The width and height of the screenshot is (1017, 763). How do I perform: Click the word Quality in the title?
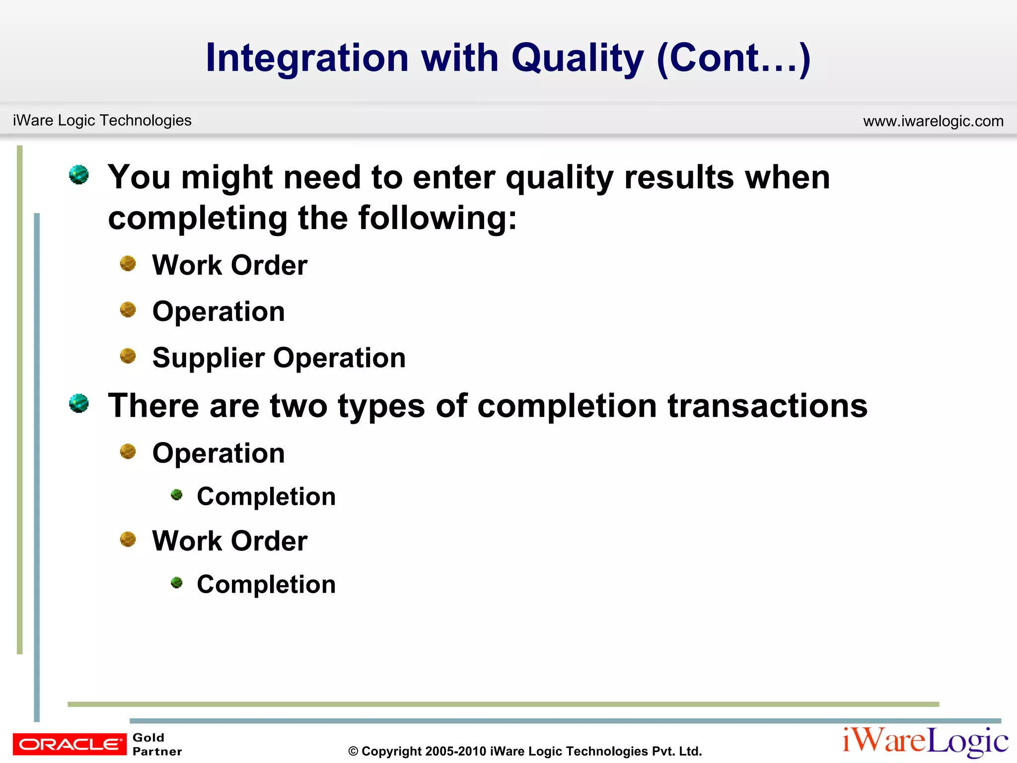pos(577,58)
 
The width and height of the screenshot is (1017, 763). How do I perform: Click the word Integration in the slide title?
pos(307,58)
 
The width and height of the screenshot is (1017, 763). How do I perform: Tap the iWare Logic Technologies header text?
pos(102,120)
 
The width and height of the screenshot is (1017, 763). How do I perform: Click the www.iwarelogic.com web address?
pos(933,121)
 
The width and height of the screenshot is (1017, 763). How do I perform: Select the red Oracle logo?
pos(70,744)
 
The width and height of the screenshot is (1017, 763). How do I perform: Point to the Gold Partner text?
pos(157,744)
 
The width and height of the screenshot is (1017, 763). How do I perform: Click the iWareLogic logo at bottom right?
pos(925,742)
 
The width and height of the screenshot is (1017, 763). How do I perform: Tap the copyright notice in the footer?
pos(525,751)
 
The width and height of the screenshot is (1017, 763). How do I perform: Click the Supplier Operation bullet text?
pos(279,358)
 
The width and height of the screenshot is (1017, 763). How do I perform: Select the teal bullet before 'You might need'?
pos(79,175)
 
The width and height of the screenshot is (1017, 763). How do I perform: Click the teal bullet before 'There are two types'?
pos(79,403)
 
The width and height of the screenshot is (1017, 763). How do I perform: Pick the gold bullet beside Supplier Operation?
pos(128,356)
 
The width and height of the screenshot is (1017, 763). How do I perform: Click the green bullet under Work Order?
pos(176,582)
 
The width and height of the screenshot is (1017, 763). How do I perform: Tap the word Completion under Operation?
pos(266,497)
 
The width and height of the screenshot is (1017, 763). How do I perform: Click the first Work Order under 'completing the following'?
pos(229,265)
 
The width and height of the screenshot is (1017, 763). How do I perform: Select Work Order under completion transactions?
pos(229,540)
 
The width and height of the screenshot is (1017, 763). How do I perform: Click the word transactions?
pos(767,406)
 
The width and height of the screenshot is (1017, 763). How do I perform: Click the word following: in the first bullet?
pos(437,218)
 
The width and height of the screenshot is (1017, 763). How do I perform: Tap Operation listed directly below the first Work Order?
pos(218,311)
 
